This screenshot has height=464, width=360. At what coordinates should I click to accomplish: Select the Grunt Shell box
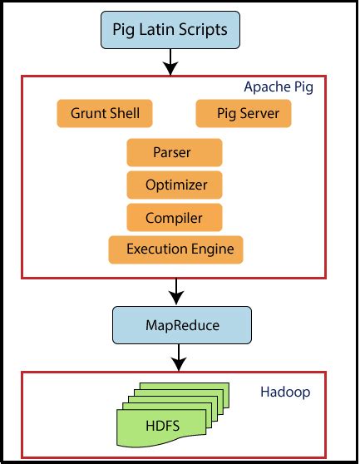[104, 114]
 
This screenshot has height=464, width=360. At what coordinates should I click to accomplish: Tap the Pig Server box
[243, 114]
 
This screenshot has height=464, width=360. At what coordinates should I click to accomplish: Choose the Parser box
[175, 153]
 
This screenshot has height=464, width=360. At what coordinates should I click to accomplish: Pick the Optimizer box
[175, 185]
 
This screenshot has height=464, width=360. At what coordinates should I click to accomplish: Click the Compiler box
[175, 218]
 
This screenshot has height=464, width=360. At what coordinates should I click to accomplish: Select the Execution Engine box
[175, 249]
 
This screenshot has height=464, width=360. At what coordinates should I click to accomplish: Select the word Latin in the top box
[162, 32]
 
